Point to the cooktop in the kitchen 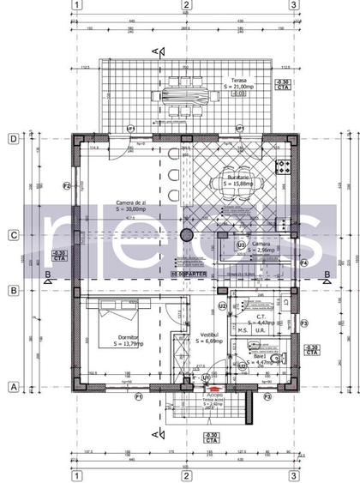click(x=280, y=166)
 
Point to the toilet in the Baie click(x=275, y=359)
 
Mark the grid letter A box click(x=13, y=387)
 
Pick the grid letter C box click(x=13, y=233)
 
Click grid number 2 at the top click(x=185, y=5)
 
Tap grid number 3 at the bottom click(x=293, y=475)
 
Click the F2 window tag click(x=66, y=185)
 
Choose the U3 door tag click(x=241, y=245)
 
